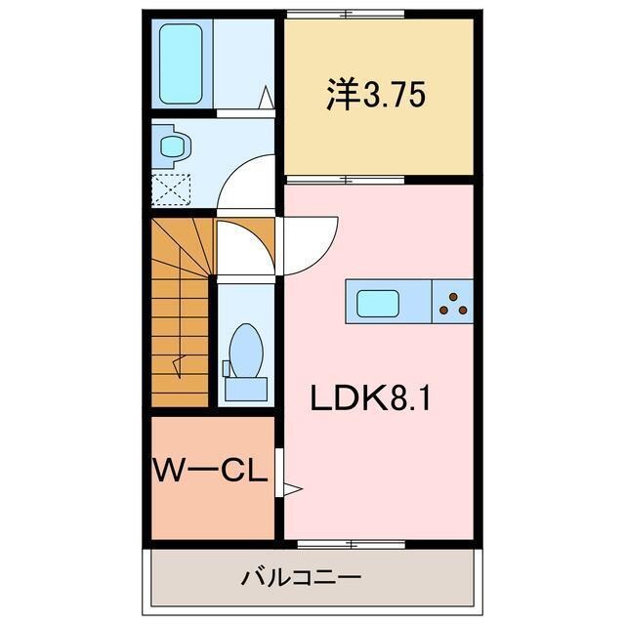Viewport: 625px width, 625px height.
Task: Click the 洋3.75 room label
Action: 375,98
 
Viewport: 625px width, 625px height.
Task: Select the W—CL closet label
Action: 210,475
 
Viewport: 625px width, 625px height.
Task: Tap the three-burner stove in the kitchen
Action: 453,302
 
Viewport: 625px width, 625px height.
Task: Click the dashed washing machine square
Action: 171,187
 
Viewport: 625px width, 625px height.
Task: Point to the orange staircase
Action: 181,312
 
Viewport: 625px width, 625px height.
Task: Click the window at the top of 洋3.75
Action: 347,14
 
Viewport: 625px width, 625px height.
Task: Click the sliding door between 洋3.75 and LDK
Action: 347,180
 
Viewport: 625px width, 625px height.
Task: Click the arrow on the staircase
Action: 179,365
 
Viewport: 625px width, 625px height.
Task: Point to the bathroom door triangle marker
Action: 266,97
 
